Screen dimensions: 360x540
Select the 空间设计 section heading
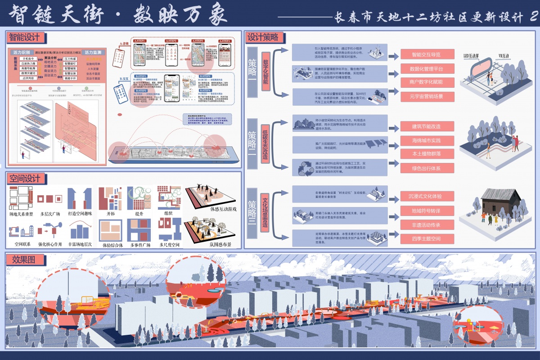(26, 179)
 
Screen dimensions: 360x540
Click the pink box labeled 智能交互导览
(425, 54)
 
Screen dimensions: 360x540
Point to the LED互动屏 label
(471, 56)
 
